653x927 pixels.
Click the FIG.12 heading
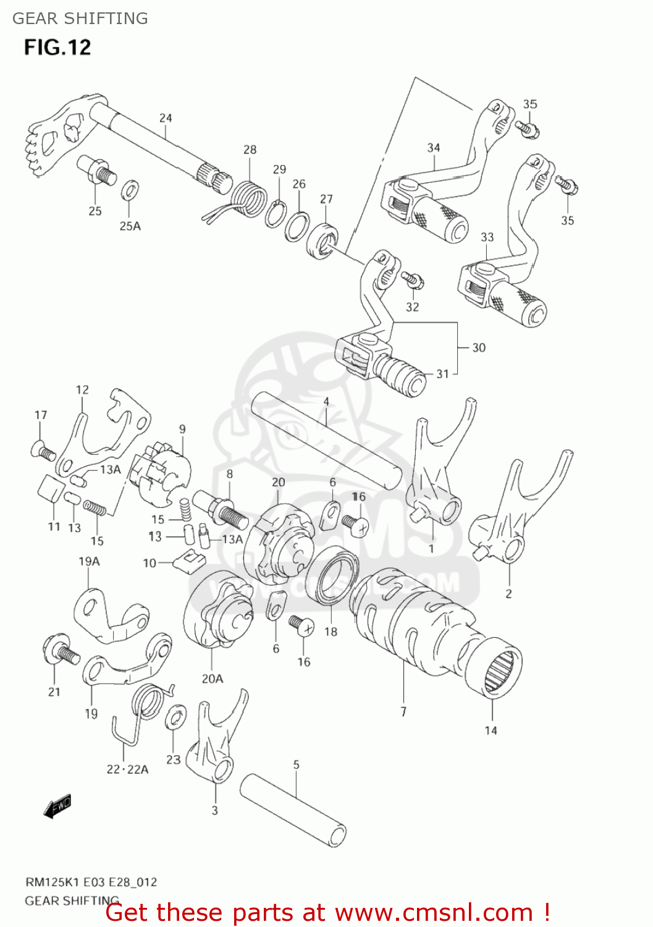pos(57,48)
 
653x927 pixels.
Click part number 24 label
pos(166,118)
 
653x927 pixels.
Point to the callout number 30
pos(479,348)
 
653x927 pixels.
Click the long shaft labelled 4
pos(326,440)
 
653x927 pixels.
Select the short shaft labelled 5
pos(292,810)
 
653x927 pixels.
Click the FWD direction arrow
pos(57,805)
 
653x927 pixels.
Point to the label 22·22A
pos(127,769)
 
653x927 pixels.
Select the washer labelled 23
pos(176,718)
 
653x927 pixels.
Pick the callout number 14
pos(491,730)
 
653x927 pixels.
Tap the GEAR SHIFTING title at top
pos(80,19)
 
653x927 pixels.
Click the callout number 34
pos(434,148)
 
